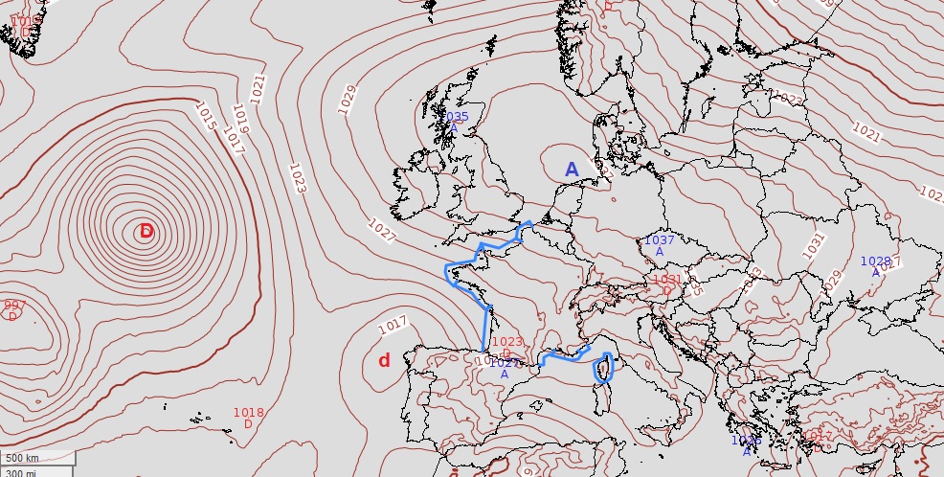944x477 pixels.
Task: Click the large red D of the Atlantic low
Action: [x=146, y=232]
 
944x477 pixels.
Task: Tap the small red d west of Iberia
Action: [x=384, y=360]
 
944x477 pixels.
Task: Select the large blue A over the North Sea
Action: [x=572, y=170]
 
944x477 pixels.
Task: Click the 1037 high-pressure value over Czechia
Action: [x=659, y=240]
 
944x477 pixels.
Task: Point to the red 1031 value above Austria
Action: [x=666, y=281]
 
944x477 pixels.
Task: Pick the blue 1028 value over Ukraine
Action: [x=875, y=261]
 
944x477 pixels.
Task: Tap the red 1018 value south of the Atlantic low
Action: [x=248, y=413]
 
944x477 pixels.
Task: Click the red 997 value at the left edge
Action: [x=13, y=306]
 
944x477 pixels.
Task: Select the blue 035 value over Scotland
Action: [x=458, y=117]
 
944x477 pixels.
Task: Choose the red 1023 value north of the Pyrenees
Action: [x=507, y=342]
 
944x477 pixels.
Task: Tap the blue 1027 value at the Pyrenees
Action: [x=504, y=363]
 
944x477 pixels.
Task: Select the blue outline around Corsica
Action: [x=603, y=369]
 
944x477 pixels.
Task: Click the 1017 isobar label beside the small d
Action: [x=393, y=326]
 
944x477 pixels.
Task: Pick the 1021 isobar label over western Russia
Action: [x=865, y=133]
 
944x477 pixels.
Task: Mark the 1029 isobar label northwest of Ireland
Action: [x=348, y=99]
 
